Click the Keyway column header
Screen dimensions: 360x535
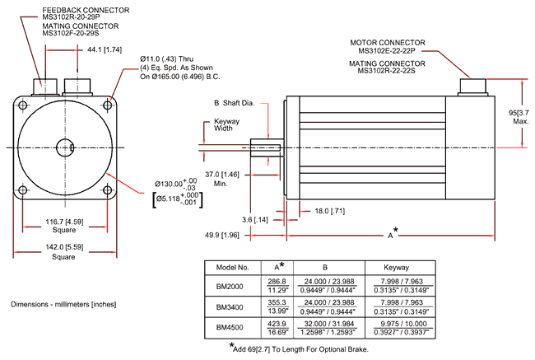[x=402, y=268]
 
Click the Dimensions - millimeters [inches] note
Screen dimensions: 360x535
[x=65, y=304]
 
